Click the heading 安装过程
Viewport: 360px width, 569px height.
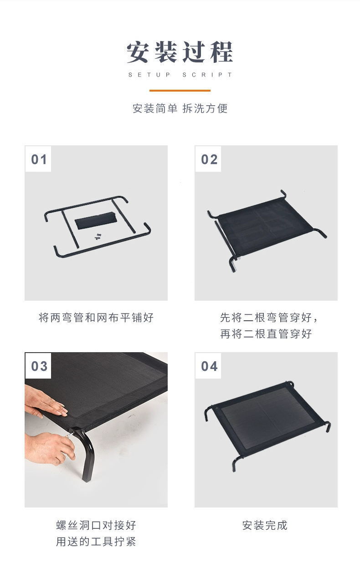pyautogui.click(x=180, y=52)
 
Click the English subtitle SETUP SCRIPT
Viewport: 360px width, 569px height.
pyautogui.click(x=180, y=75)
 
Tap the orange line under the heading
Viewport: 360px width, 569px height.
pyautogui.click(x=180, y=91)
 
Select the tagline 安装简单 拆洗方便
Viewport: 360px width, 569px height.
pyautogui.click(x=180, y=108)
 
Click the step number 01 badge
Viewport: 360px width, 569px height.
pyautogui.click(x=38, y=159)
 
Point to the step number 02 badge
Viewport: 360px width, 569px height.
pyautogui.click(x=208, y=159)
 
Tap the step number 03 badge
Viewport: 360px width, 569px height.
pyautogui.click(x=38, y=366)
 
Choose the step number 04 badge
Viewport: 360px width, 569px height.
pyautogui.click(x=208, y=366)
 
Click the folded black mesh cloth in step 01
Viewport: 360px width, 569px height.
pyautogui.click(x=96, y=220)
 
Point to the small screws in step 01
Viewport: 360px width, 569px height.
pyautogui.click(x=98, y=237)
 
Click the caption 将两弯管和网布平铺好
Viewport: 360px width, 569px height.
pyautogui.click(x=96, y=318)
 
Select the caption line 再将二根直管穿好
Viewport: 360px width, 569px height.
pyautogui.click(x=266, y=334)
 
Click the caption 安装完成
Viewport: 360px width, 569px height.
pyautogui.click(x=265, y=525)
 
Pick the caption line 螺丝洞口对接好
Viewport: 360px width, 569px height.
pyautogui.click(x=96, y=525)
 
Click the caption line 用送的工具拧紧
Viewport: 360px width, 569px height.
pyautogui.click(x=96, y=542)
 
